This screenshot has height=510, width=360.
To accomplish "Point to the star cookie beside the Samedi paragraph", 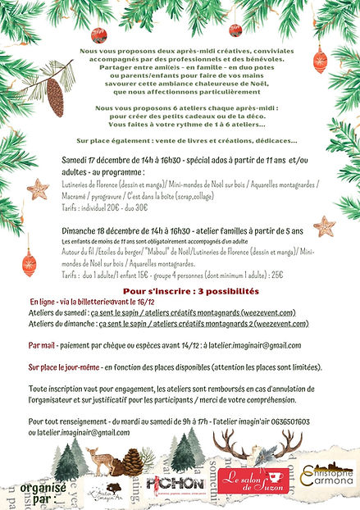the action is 38,189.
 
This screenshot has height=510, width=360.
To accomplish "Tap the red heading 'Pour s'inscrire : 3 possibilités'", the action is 179,291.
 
